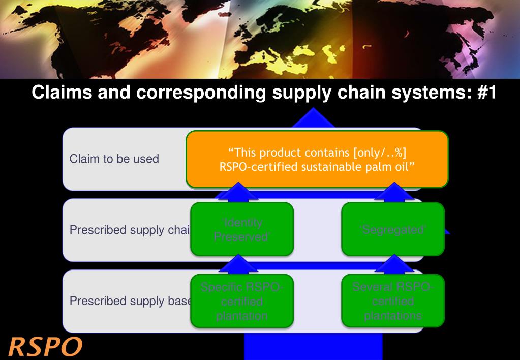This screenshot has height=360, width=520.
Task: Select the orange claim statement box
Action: pyautogui.click(x=317, y=159)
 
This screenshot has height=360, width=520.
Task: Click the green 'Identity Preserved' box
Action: pyautogui.click(x=241, y=229)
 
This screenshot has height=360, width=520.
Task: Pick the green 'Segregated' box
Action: pyautogui.click(x=392, y=229)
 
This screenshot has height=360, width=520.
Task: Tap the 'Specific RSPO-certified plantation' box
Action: pyautogui.click(x=241, y=301)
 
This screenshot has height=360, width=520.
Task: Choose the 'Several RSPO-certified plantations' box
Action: pyautogui.click(x=392, y=301)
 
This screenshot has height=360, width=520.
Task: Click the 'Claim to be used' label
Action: pyautogui.click(x=114, y=159)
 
